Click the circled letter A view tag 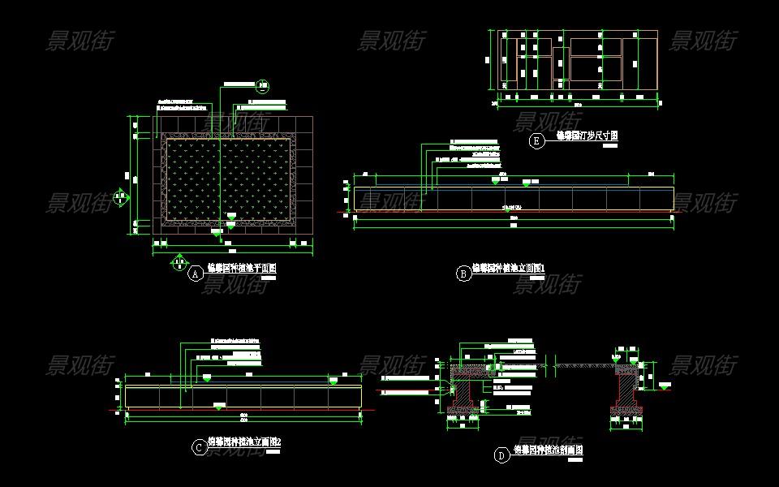(195, 274)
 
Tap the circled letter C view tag (199, 447)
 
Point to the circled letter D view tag (502, 455)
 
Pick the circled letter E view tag (536, 141)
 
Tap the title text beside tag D (549, 450)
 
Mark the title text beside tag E (587, 136)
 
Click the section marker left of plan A (120, 196)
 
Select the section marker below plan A (179, 261)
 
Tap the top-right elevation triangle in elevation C (334, 380)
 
